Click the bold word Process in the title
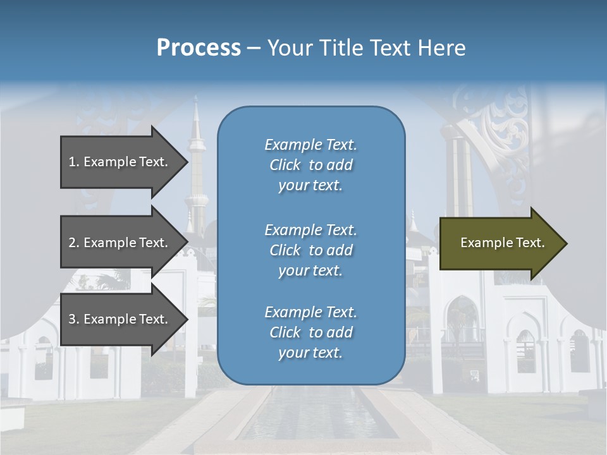click(x=199, y=48)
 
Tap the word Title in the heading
click(x=341, y=48)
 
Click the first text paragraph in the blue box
click(x=310, y=165)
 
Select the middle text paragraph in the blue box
click(x=310, y=250)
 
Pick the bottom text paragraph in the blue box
click(x=310, y=332)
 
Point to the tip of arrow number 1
click(x=186, y=162)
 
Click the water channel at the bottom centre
click(x=310, y=417)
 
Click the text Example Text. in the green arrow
click(x=503, y=243)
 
